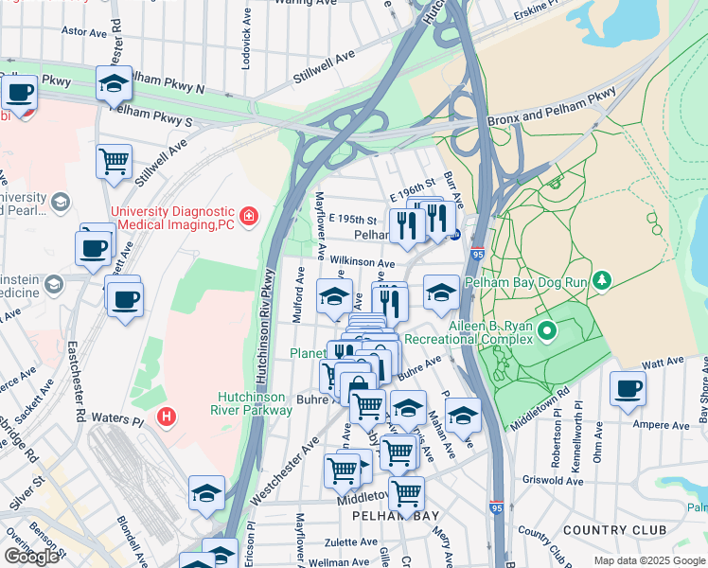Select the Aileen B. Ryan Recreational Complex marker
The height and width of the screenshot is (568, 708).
[x=548, y=332]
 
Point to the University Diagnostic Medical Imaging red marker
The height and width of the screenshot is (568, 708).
[x=249, y=217]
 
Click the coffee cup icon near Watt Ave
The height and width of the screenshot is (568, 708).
[x=628, y=387]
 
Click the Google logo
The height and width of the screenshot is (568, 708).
[x=31, y=557]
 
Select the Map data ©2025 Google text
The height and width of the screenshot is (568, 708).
[x=648, y=560]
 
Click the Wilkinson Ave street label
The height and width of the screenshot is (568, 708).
[x=362, y=262]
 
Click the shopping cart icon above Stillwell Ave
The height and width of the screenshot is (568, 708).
[x=114, y=160]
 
